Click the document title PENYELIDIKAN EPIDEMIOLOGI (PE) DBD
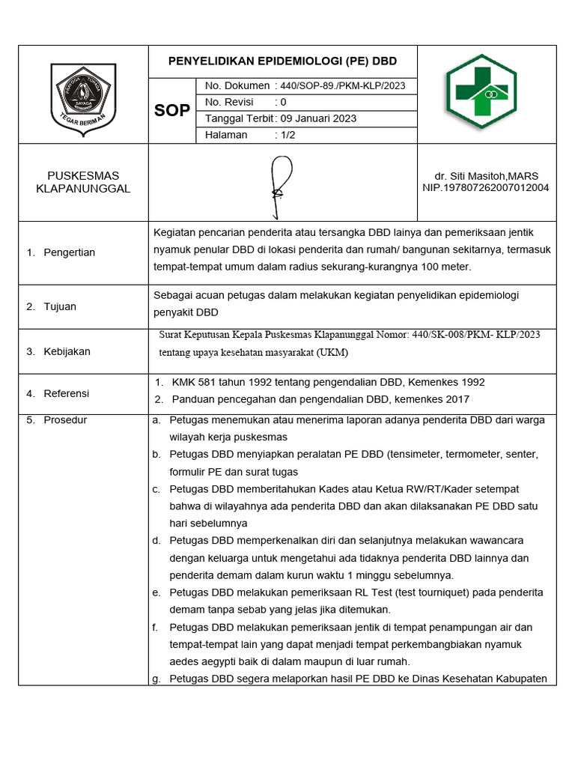[x=282, y=61]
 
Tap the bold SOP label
[x=172, y=111]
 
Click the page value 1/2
[x=287, y=135]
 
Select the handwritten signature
[x=280, y=182]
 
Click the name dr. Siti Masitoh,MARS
[x=486, y=176]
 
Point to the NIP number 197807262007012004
[x=486, y=187]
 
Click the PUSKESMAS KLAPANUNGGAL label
[x=83, y=182]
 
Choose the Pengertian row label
[x=69, y=252]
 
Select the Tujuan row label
[x=60, y=306]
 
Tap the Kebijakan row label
[x=67, y=351]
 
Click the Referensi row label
[x=67, y=393]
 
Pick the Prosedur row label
[x=65, y=420]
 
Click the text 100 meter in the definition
[x=445, y=267]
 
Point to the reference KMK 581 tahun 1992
[x=228, y=382]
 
